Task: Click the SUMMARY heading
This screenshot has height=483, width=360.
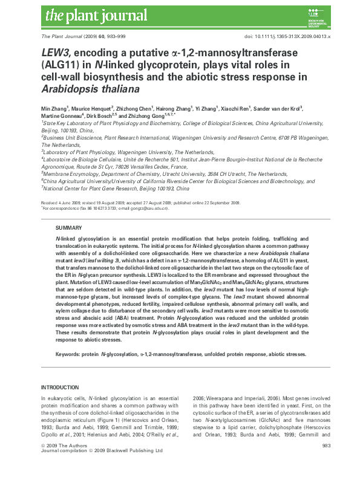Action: [67, 227]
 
